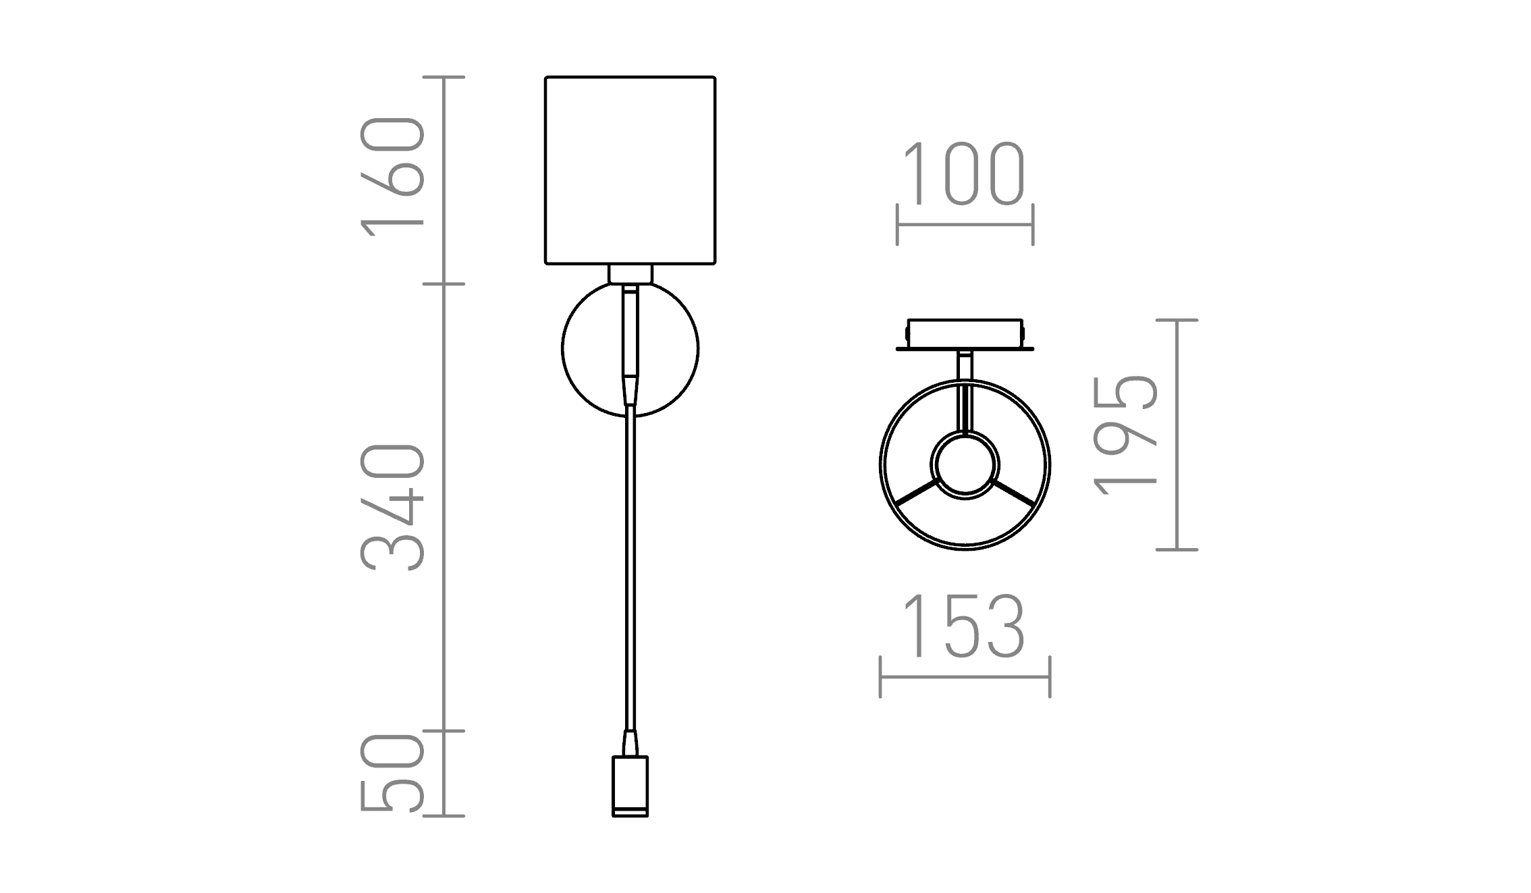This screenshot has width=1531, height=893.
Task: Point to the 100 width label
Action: pyautogui.click(x=964, y=173)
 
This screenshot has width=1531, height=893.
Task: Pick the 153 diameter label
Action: pyautogui.click(x=964, y=626)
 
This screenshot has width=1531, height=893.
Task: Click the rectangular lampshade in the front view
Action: pyautogui.click(x=630, y=170)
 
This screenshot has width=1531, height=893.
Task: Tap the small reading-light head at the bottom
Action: pyautogui.click(x=630, y=786)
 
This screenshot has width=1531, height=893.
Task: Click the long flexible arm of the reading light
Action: pyautogui.click(x=630, y=574)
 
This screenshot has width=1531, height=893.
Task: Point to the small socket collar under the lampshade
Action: pyautogui.click(x=630, y=274)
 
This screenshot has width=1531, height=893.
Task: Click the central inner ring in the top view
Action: pyautogui.click(x=965, y=465)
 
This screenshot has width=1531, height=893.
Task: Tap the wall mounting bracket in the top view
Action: pyautogui.click(x=965, y=334)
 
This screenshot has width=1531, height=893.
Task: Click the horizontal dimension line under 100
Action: pyautogui.click(x=965, y=225)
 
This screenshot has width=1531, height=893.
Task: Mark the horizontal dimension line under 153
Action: pyautogui.click(x=965, y=677)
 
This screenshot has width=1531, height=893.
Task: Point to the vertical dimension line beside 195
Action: pyautogui.click(x=1177, y=435)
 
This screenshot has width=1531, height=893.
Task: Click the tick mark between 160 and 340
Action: pyautogui.click(x=444, y=284)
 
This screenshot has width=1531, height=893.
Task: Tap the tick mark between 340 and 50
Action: pyautogui.click(x=444, y=731)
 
